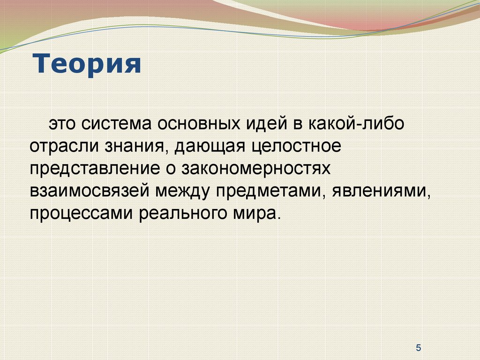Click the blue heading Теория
tap(87, 64)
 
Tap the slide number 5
tap(419, 348)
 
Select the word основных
tap(199, 124)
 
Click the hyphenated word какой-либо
tap(356, 123)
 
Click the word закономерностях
tap(256, 169)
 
